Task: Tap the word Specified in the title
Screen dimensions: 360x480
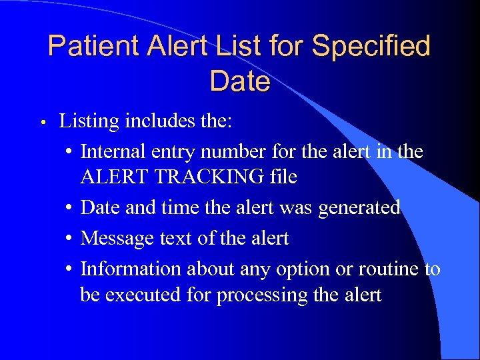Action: point(371,47)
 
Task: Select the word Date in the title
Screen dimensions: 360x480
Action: point(239,82)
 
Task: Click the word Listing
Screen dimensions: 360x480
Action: point(87,121)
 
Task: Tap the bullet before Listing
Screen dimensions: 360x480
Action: point(41,123)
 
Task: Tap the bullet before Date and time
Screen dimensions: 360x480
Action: point(70,208)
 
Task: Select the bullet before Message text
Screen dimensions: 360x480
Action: point(70,238)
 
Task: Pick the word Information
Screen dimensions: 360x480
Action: point(131,269)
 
